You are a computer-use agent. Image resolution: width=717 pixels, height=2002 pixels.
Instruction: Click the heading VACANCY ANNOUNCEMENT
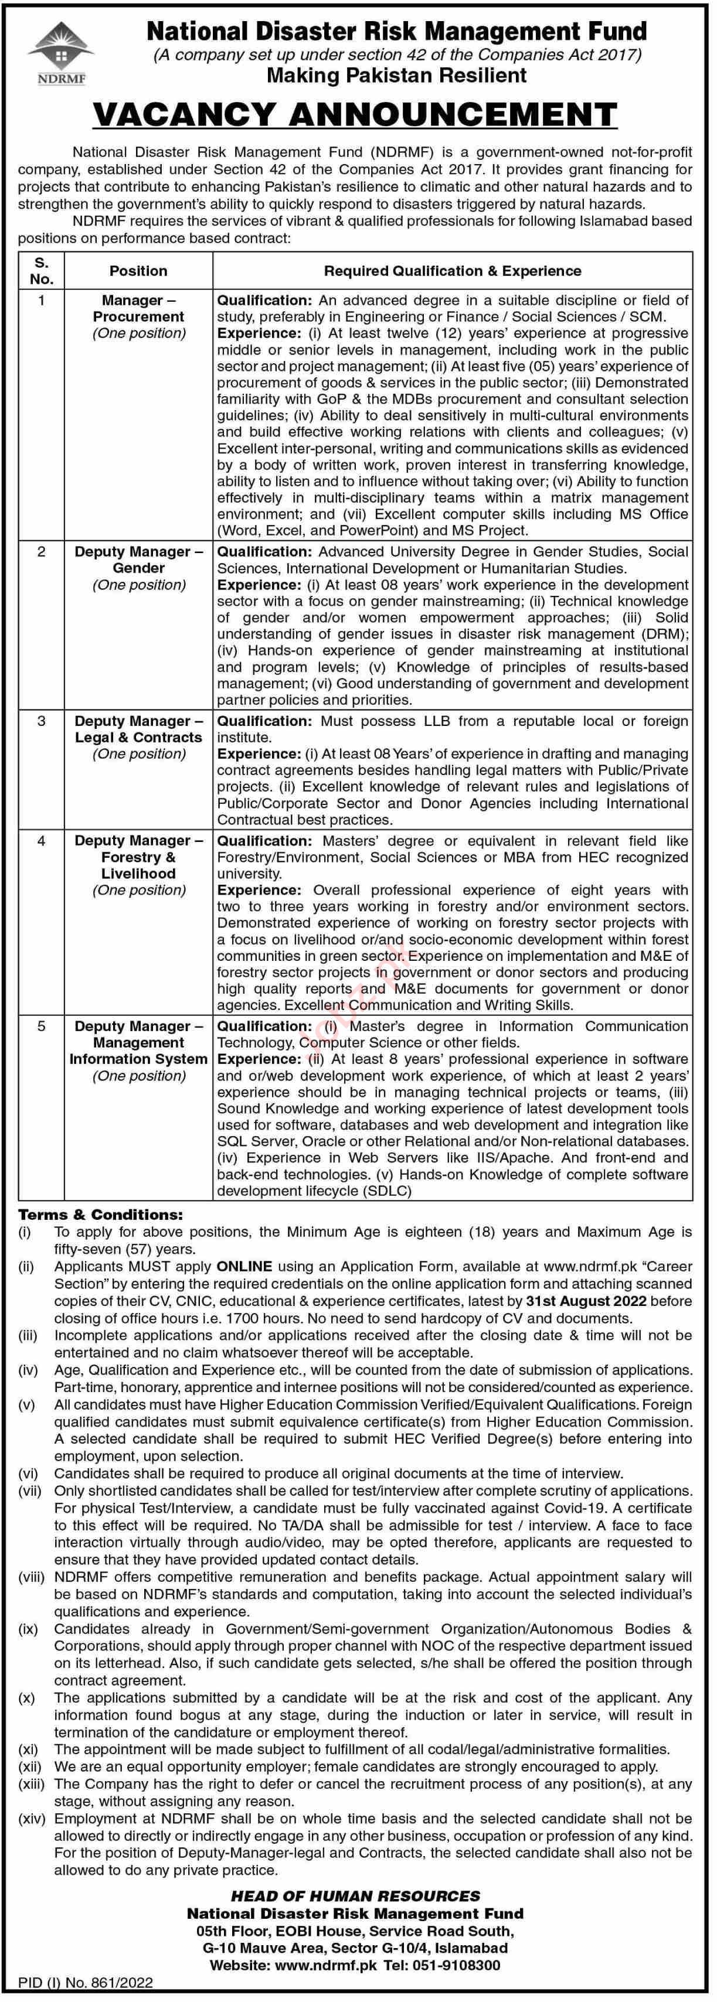click(x=355, y=115)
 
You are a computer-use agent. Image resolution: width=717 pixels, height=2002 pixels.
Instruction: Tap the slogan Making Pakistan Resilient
click(x=396, y=76)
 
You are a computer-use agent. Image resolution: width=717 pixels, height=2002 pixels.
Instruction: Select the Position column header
click(x=138, y=271)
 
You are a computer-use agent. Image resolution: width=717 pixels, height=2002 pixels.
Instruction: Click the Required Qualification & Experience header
click(x=453, y=271)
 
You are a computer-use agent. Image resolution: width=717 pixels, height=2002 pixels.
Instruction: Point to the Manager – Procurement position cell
click(x=138, y=316)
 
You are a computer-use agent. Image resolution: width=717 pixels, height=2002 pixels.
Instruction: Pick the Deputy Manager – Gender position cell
click(x=138, y=568)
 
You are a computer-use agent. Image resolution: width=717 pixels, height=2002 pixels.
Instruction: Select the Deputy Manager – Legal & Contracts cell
click(x=138, y=738)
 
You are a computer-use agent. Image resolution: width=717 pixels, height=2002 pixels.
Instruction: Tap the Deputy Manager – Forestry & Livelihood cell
click(x=138, y=865)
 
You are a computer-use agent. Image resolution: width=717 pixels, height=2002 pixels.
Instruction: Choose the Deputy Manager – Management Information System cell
click(x=138, y=1051)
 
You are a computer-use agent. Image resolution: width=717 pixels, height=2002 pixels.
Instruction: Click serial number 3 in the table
click(x=41, y=721)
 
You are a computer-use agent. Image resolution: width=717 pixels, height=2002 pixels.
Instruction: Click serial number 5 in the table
click(x=41, y=1026)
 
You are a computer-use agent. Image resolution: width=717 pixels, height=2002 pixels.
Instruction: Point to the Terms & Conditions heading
click(x=101, y=1215)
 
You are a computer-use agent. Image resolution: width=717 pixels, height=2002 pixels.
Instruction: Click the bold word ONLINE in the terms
click(x=244, y=1267)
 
